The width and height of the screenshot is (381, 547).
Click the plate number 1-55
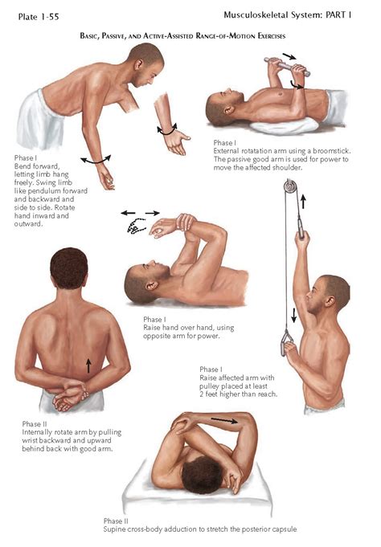click(48, 17)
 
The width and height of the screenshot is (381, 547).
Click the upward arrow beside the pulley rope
click(303, 202)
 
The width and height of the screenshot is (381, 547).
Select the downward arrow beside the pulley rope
click(293, 315)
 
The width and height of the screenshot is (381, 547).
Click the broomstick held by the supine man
click(287, 67)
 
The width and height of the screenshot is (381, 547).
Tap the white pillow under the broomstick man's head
click(284, 125)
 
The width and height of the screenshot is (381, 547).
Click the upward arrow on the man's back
click(88, 365)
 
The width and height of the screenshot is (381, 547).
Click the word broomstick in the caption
click(331, 151)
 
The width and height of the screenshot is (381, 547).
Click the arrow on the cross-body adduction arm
click(224, 420)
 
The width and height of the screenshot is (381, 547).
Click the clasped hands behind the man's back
click(70, 396)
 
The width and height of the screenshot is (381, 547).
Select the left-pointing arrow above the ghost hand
click(128, 213)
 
